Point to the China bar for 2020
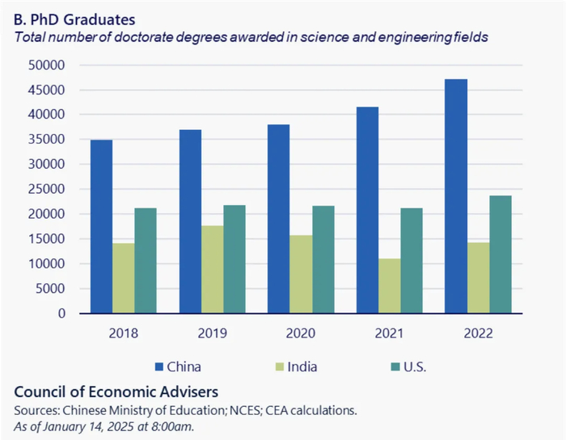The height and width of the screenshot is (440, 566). [x=278, y=219]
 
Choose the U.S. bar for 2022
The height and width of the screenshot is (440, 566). [x=501, y=254]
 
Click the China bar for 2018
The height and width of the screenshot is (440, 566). [x=101, y=227]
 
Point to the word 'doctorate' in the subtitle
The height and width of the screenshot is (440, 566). [x=143, y=37]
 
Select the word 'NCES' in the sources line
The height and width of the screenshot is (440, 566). [x=252, y=410]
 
